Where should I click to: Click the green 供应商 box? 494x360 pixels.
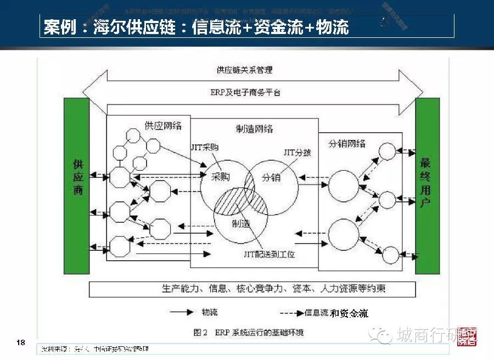[77, 185]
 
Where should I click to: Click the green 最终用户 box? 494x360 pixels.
[428, 185]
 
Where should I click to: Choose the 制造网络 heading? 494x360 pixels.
[254, 129]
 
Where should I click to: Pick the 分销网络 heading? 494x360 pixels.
[347, 144]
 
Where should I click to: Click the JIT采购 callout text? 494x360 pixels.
[204, 148]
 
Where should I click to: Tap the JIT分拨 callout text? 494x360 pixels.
[297, 152]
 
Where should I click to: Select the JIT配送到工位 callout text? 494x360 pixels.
[270, 254]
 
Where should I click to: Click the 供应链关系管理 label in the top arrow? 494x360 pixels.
[244, 70]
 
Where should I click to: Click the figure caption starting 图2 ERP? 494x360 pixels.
[248, 333]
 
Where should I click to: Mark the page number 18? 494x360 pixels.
[21, 343]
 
